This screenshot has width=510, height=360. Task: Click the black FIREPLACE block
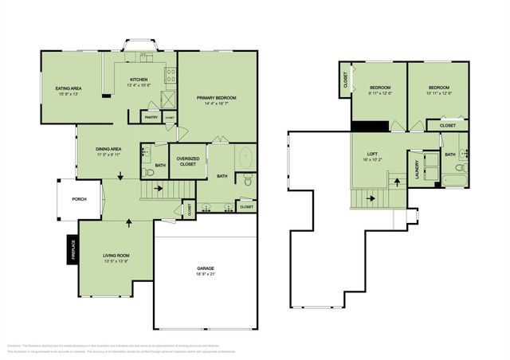(x=71, y=250)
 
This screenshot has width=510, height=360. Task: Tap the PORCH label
(x=79, y=199)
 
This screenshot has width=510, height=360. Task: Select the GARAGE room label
(x=206, y=268)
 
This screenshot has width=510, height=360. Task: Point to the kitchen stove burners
(x=170, y=76)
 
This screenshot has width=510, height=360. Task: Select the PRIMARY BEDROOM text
(x=217, y=97)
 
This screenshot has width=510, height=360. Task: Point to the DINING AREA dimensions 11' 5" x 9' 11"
(x=108, y=155)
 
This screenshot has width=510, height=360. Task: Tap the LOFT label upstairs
(x=371, y=154)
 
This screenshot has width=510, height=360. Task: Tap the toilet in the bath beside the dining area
(x=146, y=173)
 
